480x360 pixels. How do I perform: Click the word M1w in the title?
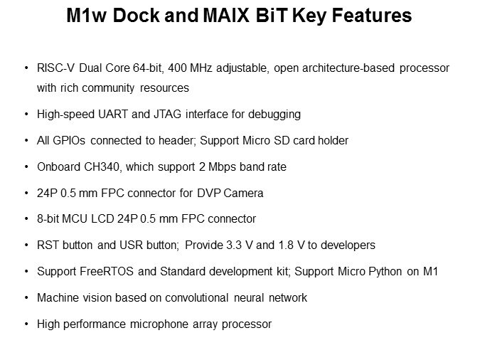[x=86, y=15]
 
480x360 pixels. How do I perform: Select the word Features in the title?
[x=372, y=15]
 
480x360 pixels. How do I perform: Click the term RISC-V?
[x=55, y=68]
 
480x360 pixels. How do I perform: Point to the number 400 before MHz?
[x=177, y=68]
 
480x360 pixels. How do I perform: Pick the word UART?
[x=112, y=115]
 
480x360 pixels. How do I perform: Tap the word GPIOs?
[x=69, y=141]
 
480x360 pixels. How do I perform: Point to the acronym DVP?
[x=209, y=194]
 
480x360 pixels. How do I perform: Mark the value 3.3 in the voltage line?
[x=234, y=245]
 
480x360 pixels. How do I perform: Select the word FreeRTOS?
[x=107, y=272]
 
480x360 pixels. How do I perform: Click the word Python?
[x=385, y=272]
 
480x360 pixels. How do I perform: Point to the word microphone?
[x=159, y=324]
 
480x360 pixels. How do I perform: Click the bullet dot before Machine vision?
[x=26, y=298]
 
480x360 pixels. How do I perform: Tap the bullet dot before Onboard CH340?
[x=26, y=167]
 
